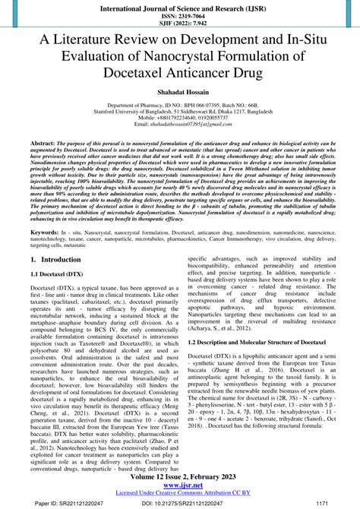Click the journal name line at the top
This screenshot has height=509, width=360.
click(179, 6)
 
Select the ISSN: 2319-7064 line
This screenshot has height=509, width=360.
click(179, 14)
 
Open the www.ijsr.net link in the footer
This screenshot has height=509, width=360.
click(179, 484)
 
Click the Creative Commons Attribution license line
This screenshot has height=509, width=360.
click(179, 492)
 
